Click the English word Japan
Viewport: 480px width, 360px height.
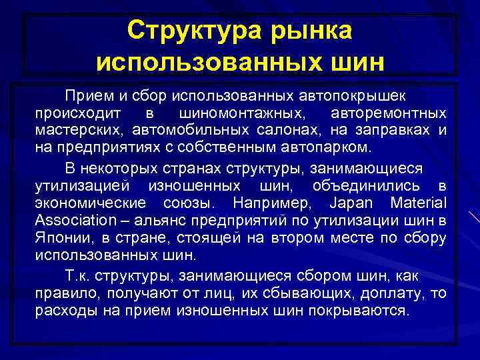350,202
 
